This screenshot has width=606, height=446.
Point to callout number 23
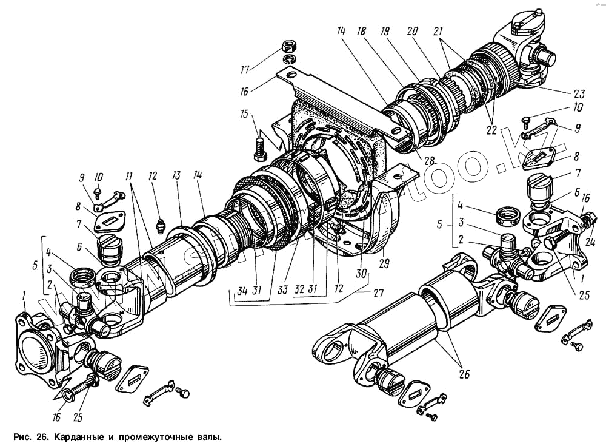pos(579,93)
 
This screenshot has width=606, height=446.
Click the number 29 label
pos(384,263)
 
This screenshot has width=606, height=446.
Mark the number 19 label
pos(384,30)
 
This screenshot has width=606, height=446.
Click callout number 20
pos(413,30)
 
